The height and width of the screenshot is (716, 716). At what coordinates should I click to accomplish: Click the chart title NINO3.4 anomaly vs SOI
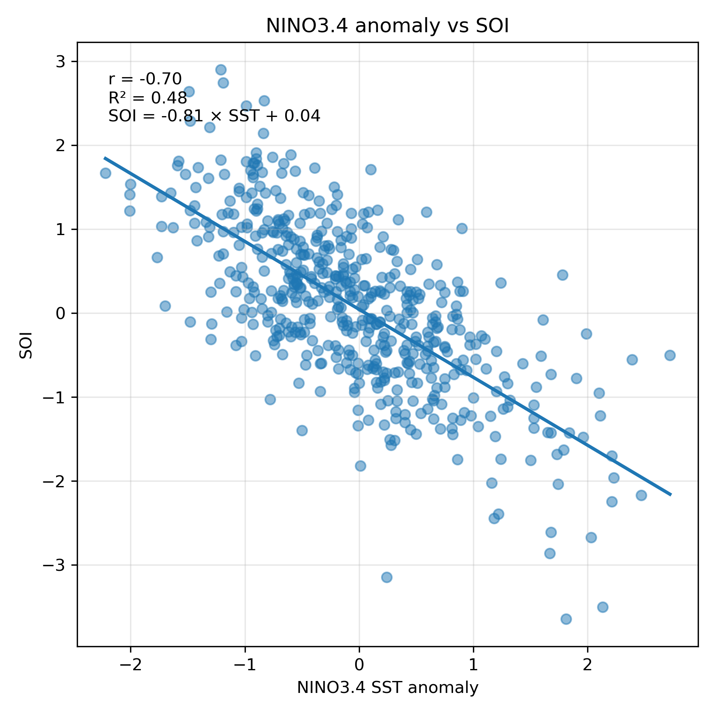tap(387, 26)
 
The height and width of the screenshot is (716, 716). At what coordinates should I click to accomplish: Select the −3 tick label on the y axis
tap(58, 565)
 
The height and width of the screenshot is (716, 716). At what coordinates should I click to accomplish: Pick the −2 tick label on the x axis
tap(131, 665)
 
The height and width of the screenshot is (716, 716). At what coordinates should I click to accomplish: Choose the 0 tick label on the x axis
tap(359, 665)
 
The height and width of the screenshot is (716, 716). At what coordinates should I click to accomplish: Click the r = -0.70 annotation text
tap(145, 79)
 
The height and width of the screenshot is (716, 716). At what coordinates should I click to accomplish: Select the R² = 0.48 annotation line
tap(147, 98)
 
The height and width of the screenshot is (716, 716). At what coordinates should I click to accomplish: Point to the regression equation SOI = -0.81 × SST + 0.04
tap(214, 116)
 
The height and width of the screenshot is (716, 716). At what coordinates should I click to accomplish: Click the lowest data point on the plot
tap(566, 619)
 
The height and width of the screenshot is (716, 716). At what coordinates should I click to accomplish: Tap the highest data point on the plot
tap(221, 70)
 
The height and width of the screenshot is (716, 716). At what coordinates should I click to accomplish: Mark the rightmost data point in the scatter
tap(670, 355)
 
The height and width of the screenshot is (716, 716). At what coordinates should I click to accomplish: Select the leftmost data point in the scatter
tap(105, 173)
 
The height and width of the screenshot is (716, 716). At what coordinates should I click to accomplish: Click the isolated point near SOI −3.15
tap(387, 577)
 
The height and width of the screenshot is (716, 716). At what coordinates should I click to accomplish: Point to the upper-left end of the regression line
tap(105, 158)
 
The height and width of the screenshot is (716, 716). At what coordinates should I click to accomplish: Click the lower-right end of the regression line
tap(671, 495)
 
